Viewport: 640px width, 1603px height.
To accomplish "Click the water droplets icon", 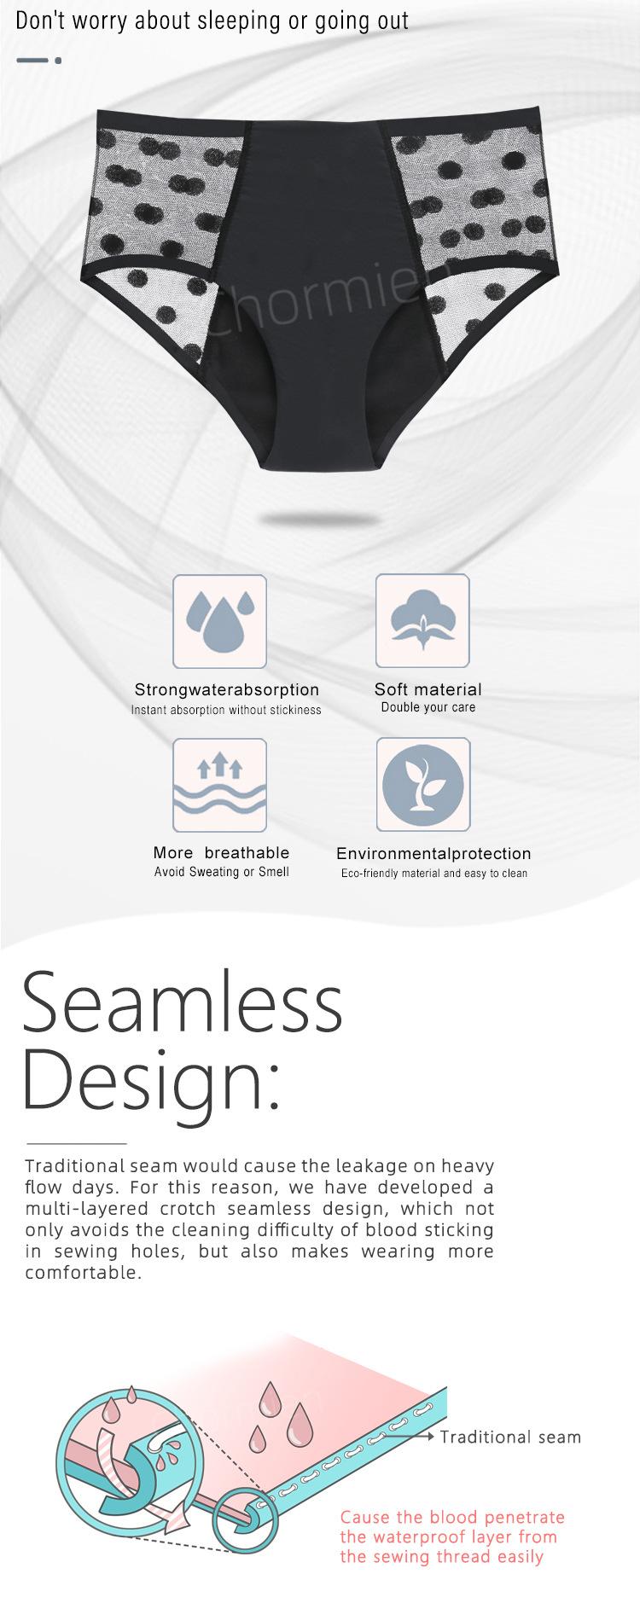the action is click(x=220, y=621).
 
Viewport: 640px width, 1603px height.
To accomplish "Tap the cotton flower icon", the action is click(x=422, y=621).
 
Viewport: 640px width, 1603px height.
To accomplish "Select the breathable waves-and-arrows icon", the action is click(x=220, y=785).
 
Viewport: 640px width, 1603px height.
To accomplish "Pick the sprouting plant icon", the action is click(x=423, y=785).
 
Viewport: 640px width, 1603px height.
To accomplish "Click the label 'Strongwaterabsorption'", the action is click(x=227, y=689).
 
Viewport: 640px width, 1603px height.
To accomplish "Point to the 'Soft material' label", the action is click(x=428, y=689).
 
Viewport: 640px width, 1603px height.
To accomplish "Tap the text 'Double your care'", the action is click(x=428, y=707).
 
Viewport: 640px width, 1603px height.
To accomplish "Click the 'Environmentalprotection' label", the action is click(x=433, y=853).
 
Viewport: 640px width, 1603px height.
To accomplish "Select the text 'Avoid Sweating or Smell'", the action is click(x=222, y=872).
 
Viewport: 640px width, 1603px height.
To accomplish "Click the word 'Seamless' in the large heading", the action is click(x=183, y=1002).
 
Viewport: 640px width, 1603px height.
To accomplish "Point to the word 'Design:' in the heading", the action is click(x=151, y=1079).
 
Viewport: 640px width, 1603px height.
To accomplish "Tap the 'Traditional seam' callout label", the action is click(x=510, y=1437).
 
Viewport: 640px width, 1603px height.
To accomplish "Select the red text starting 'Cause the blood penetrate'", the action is click(x=452, y=1536).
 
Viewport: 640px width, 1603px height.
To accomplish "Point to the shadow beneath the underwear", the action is click(x=320, y=519).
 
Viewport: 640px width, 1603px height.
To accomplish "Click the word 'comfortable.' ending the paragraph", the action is click(x=83, y=1272).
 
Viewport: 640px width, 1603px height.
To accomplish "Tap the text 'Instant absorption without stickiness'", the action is click(x=226, y=710).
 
